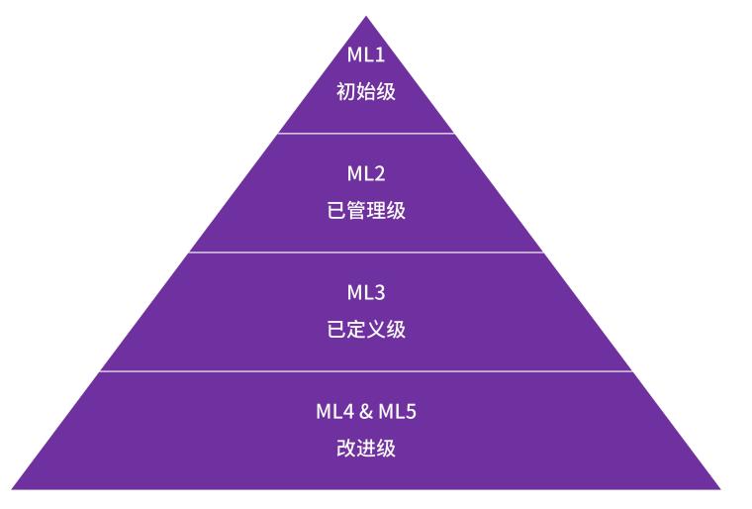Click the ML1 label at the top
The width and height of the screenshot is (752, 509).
tap(366, 54)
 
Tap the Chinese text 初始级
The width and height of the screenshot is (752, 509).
tap(366, 91)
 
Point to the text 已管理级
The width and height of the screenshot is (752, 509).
tap(366, 210)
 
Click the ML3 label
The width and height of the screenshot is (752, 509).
tap(366, 292)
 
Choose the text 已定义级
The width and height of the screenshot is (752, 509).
tap(366, 329)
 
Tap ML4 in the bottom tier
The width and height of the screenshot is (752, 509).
tap(334, 411)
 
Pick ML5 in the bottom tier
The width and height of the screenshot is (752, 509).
tap(397, 411)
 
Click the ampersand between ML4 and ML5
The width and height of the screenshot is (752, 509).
tap(365, 411)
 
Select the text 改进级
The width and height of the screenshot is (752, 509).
tap(366, 448)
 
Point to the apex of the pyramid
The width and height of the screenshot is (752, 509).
tap(366, 18)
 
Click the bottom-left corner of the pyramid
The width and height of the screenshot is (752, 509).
tap(14, 487)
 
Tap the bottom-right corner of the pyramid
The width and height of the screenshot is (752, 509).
tap(719, 487)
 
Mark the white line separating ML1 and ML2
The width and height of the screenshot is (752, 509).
tap(366, 133)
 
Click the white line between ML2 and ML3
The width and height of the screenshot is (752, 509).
tap(366, 252)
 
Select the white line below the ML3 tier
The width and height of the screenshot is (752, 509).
tap(366, 371)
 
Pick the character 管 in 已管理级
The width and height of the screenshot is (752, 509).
tap(356, 210)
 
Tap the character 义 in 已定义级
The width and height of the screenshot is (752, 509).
tap(376, 329)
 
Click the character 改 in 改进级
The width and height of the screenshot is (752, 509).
tap(346, 448)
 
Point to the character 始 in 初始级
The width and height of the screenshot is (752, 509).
tap(366, 91)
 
